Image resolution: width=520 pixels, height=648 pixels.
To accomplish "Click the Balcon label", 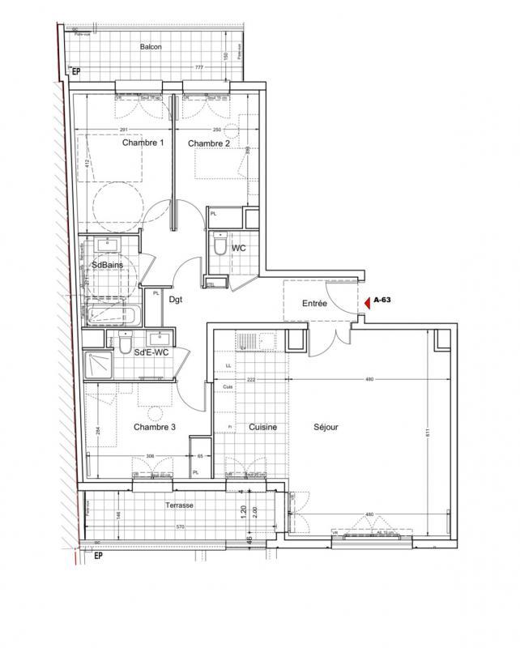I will pyautogui.click(x=150, y=47).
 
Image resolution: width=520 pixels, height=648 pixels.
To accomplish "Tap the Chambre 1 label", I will pyautogui.click(x=143, y=143).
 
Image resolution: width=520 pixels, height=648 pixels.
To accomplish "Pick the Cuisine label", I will pyautogui.click(x=263, y=427).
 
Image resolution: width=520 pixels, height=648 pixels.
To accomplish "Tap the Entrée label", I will pyautogui.click(x=314, y=305).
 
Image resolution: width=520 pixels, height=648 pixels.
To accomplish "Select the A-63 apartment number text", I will pyautogui.click(x=383, y=301).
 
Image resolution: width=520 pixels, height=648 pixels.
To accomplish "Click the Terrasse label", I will pyautogui.click(x=179, y=505).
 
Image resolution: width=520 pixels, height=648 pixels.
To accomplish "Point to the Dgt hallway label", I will pyautogui.click(x=175, y=299).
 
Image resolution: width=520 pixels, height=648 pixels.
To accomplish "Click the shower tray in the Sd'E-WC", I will pyautogui.click(x=98, y=366).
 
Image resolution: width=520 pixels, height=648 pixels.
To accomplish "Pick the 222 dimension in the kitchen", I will pyautogui.click(x=252, y=380).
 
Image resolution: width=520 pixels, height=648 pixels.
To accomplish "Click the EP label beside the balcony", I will pyautogui.click(x=77, y=72).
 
